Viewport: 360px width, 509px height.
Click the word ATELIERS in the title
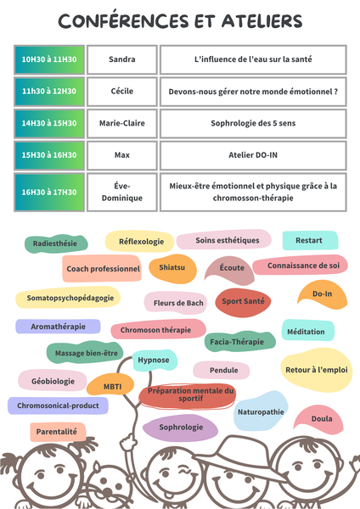[x=262, y=21]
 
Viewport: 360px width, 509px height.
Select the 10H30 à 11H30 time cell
[x=49, y=59]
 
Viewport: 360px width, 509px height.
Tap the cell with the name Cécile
[x=122, y=92]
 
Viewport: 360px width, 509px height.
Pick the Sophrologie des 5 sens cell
[x=253, y=123]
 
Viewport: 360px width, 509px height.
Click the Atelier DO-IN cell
[x=253, y=155]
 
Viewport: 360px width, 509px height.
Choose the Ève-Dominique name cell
[x=122, y=193]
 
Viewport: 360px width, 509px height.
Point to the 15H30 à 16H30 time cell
[x=49, y=155]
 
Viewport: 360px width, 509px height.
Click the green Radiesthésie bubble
[x=56, y=243]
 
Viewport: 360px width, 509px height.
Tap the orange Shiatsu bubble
[x=172, y=268]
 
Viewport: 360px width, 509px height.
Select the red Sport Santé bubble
[x=243, y=302]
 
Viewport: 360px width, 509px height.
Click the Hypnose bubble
[x=155, y=361]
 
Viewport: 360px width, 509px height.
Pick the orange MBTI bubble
[x=110, y=385]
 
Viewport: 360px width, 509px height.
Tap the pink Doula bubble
[x=319, y=419]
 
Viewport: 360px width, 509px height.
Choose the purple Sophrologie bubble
[x=180, y=428]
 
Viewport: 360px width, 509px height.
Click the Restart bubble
[x=310, y=241]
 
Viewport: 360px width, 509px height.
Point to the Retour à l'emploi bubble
[x=317, y=370]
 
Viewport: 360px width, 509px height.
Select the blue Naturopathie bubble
[x=261, y=411]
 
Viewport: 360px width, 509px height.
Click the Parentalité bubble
[x=58, y=432]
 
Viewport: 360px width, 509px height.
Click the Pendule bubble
[x=222, y=370]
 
